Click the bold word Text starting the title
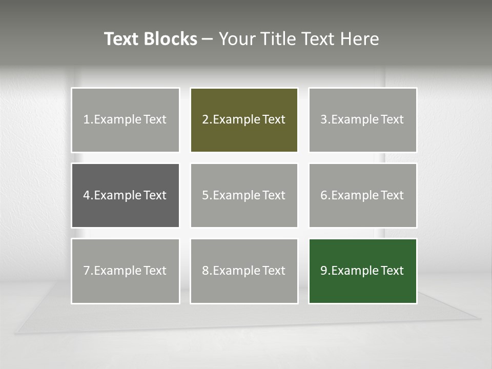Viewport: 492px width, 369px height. (x=121, y=39)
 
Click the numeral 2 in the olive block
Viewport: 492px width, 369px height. (x=205, y=120)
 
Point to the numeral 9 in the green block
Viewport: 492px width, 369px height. (x=324, y=271)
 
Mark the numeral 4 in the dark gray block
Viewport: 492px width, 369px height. (x=87, y=195)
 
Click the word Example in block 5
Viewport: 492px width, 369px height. (x=236, y=196)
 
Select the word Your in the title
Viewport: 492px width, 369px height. (x=236, y=39)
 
